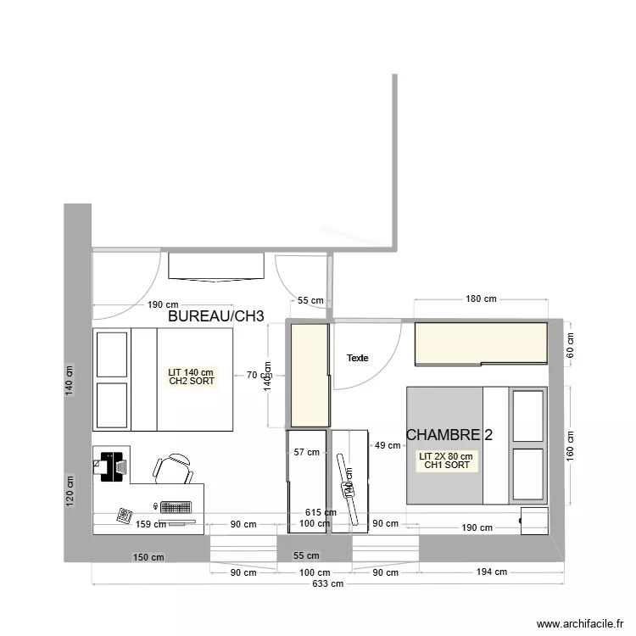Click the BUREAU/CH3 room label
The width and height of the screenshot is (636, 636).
tap(216, 316)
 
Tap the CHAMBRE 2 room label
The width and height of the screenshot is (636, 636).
tap(449, 434)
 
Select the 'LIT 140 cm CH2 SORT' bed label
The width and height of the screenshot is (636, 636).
tap(191, 377)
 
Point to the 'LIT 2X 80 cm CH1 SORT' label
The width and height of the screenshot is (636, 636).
tap(445, 460)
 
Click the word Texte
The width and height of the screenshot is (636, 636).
tap(358, 358)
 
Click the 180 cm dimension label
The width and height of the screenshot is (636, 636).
tap(481, 298)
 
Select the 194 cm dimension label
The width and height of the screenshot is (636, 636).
tap(490, 572)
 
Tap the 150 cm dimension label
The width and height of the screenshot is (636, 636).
tap(148, 557)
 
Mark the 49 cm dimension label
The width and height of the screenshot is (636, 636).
tap(388, 445)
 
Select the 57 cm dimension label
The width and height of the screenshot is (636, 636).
tap(306, 452)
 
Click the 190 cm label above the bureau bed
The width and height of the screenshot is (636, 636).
tap(165, 304)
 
